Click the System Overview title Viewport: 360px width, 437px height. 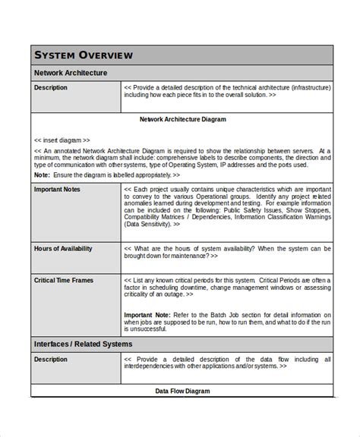84,55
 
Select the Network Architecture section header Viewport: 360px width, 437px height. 71,73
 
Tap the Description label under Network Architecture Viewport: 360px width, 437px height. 51,88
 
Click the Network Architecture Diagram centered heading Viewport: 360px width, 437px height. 182,119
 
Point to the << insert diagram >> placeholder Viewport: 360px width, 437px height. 62,140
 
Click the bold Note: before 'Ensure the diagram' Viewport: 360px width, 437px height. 42,174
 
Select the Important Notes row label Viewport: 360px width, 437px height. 57,190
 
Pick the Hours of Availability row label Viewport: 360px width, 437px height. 63,248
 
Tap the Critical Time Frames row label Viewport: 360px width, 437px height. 64,280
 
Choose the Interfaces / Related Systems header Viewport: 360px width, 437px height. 84,344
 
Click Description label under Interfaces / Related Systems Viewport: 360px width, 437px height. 51,360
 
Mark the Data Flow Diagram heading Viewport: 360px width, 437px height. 182,391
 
